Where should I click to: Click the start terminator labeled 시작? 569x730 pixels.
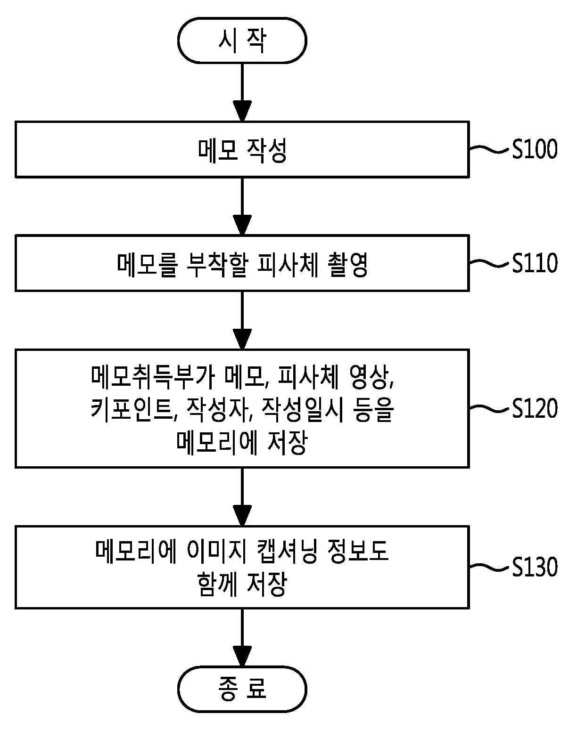[242, 41]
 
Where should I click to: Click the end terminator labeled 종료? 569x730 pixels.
[242, 689]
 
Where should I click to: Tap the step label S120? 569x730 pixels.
[535, 408]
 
